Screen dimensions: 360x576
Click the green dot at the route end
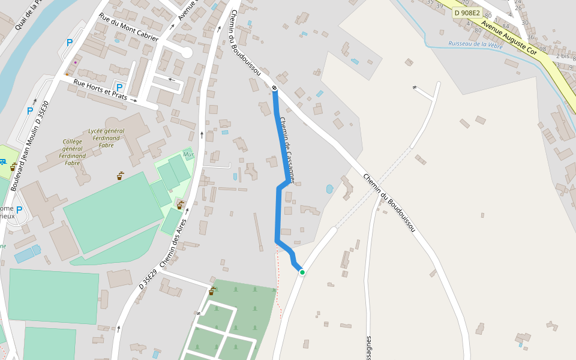click(302, 272)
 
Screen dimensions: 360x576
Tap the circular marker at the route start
click(274, 89)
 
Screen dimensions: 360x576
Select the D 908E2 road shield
click(467, 13)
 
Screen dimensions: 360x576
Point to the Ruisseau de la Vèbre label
click(475, 44)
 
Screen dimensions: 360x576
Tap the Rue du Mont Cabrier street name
click(128, 28)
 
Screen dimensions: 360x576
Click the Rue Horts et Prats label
click(100, 88)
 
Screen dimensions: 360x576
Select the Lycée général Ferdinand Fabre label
click(106, 135)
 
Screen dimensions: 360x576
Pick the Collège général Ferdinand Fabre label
click(73, 152)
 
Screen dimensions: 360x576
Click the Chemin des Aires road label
click(173, 243)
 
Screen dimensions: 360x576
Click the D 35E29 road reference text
click(148, 280)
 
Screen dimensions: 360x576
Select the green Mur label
click(188, 154)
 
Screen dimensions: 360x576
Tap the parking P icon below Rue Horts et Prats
click(119, 88)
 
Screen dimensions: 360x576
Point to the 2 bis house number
click(562, 56)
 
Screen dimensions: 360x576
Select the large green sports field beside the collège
click(111, 211)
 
